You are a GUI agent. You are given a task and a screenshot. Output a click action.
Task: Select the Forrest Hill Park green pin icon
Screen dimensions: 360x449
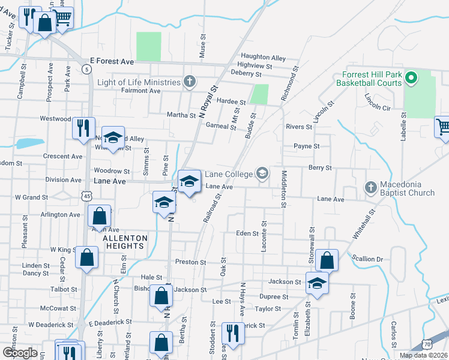411,78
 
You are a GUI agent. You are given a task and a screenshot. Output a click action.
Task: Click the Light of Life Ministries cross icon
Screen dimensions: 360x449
190,82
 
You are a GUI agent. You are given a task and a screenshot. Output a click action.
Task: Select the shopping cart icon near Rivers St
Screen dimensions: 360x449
442,127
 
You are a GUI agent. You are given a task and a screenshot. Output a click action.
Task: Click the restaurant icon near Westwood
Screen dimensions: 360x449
83,128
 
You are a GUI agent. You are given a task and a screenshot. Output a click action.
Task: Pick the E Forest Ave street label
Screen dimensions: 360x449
113,61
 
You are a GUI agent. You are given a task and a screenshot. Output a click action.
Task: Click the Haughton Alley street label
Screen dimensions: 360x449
264,58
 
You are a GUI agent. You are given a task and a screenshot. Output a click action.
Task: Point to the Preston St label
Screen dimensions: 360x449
190,262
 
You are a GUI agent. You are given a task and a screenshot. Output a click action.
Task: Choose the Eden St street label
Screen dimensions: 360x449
247,233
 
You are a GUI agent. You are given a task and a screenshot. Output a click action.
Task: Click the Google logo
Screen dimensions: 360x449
20,352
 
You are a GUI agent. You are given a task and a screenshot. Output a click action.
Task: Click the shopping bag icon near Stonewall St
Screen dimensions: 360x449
327,260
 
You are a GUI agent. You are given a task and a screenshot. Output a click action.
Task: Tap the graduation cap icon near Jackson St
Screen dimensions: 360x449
317,284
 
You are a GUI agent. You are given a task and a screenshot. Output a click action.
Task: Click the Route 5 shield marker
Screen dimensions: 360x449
88,70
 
